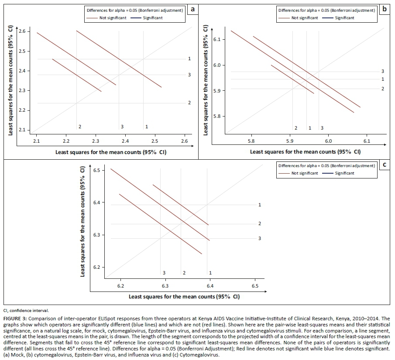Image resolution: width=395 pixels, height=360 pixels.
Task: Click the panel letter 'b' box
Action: pyautogui.click(x=384, y=8)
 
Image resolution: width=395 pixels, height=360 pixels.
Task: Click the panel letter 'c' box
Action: pyautogui.click(x=384, y=165)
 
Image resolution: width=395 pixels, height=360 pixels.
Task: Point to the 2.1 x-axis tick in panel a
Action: pyautogui.click(x=37, y=141)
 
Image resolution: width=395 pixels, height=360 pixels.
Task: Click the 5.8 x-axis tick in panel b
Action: pyautogui.click(x=251, y=141)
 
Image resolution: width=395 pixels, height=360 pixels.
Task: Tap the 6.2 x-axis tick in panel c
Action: pyautogui.click(x=120, y=286)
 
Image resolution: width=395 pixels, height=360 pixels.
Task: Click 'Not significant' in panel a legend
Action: pyautogui.click(x=111, y=18)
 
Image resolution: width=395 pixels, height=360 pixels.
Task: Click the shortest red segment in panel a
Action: pyautogui.click(x=77, y=75)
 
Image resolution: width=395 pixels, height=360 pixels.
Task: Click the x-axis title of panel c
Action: pyautogui.click(x=184, y=297)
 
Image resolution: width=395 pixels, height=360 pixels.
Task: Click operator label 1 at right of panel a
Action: pyautogui.click(x=189, y=58)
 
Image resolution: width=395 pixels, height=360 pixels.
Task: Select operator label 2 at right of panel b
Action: pyautogui.click(x=382, y=89)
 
